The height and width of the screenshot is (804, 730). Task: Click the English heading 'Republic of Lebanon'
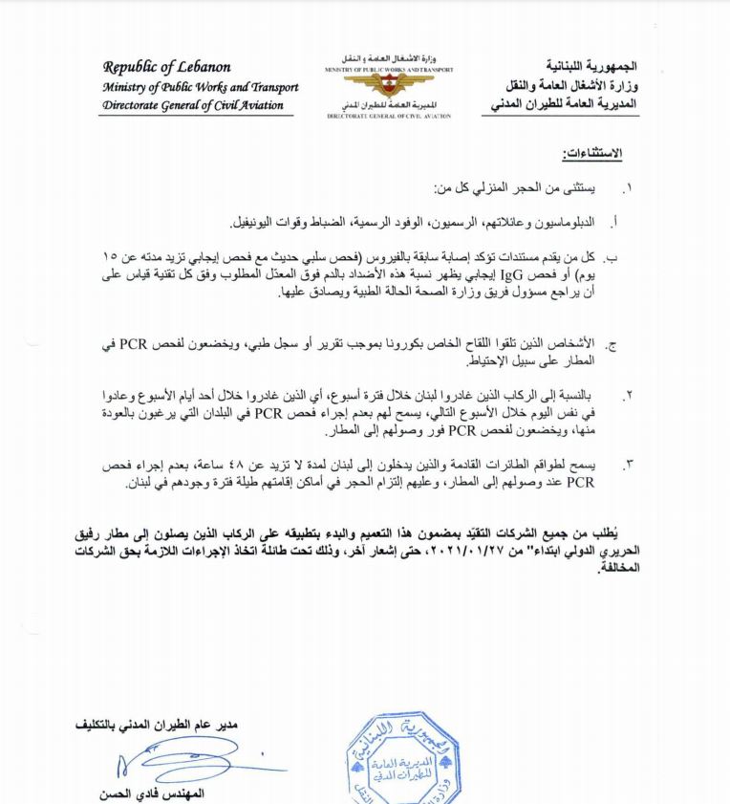(x=166, y=68)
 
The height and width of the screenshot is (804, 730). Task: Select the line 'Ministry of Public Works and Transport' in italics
(x=201, y=87)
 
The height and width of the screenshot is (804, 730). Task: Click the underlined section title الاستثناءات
(x=593, y=153)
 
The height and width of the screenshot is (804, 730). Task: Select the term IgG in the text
(x=494, y=276)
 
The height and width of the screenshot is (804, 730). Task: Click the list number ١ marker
(x=628, y=188)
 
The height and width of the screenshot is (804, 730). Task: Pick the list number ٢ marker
(x=629, y=394)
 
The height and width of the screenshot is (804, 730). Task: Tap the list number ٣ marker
(x=629, y=465)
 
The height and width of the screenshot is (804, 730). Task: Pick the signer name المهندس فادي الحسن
(x=153, y=793)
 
